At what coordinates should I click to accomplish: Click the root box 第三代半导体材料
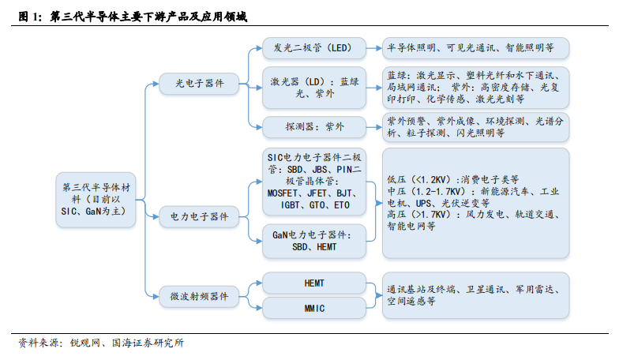click(x=96, y=199)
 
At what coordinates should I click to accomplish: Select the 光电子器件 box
click(x=199, y=84)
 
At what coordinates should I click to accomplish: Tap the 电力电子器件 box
click(x=199, y=216)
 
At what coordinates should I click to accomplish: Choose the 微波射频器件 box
click(x=199, y=297)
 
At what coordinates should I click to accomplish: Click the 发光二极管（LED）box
click(x=314, y=48)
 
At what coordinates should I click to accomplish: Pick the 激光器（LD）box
click(x=314, y=88)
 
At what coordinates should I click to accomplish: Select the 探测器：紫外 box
click(x=314, y=127)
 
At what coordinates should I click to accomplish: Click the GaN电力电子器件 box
click(x=314, y=241)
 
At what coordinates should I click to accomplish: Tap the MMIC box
click(x=314, y=308)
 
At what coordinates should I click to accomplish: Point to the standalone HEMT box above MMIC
click(x=314, y=283)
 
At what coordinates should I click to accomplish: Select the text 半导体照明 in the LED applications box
click(x=411, y=47)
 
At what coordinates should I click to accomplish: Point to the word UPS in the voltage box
click(x=424, y=204)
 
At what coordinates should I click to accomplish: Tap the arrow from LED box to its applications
click(x=374, y=48)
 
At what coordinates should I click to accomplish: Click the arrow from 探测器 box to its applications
click(x=374, y=127)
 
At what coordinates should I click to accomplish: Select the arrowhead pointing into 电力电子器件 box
click(x=156, y=216)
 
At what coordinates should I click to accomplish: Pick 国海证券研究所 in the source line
click(x=148, y=343)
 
